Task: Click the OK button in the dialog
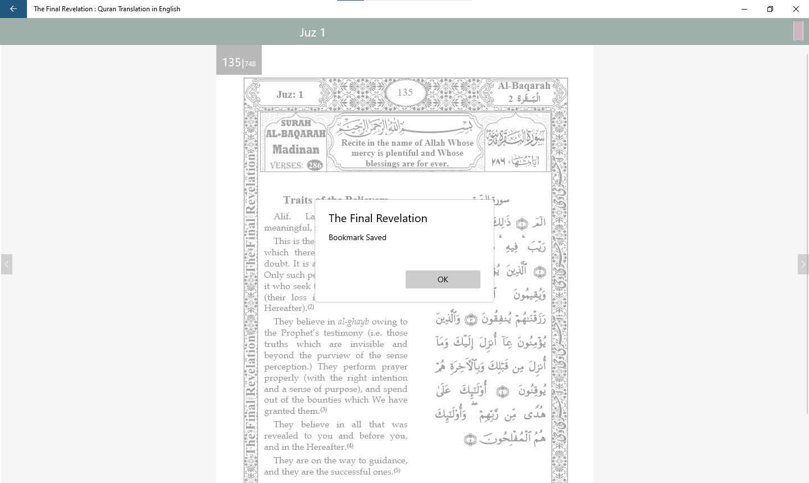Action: (x=443, y=279)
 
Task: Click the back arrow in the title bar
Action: (x=13, y=9)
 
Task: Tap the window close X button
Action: (x=796, y=9)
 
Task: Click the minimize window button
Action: (x=744, y=9)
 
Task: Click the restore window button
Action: (x=770, y=9)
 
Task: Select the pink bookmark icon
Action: (x=798, y=31)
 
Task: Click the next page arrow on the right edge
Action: (x=803, y=264)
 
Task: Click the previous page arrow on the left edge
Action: (x=7, y=264)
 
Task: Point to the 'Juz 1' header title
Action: (x=312, y=33)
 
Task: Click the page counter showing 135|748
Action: (x=239, y=62)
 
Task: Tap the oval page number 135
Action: (x=405, y=92)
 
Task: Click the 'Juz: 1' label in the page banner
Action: (x=290, y=94)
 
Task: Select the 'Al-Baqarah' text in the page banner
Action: (x=524, y=86)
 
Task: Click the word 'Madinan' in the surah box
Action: (x=296, y=150)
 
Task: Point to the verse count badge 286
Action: (x=315, y=165)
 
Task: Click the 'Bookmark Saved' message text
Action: (x=357, y=238)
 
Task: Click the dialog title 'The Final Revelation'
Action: (x=378, y=219)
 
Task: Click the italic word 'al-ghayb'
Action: (x=353, y=322)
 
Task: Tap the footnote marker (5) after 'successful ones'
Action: (x=397, y=471)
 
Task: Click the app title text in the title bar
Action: (x=107, y=9)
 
